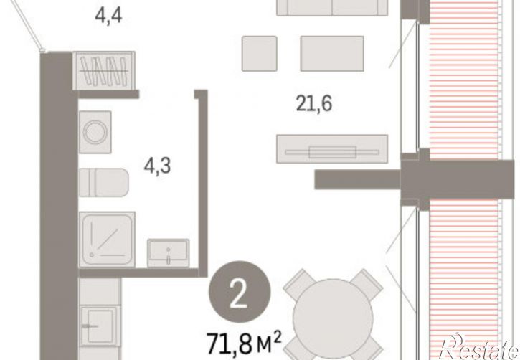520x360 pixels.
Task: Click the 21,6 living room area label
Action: [313, 104]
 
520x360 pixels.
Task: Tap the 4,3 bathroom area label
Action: [157, 166]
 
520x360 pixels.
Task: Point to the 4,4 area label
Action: [108, 15]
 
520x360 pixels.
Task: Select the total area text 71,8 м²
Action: [244, 343]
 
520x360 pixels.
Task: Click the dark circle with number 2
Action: [240, 292]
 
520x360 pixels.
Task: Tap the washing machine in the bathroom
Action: [95, 132]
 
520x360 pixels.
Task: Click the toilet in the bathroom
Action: [104, 183]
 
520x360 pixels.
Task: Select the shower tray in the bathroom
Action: [107, 239]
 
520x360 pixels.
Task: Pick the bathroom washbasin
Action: [169, 253]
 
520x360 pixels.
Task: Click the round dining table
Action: [333, 319]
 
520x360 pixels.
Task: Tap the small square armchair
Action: [260, 53]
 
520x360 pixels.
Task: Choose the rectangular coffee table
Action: [332, 53]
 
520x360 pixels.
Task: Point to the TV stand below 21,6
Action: [332, 149]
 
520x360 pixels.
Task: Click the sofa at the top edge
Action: [332, 8]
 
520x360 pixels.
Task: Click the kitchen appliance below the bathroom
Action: [100, 326]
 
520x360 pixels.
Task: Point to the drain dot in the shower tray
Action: [92, 255]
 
